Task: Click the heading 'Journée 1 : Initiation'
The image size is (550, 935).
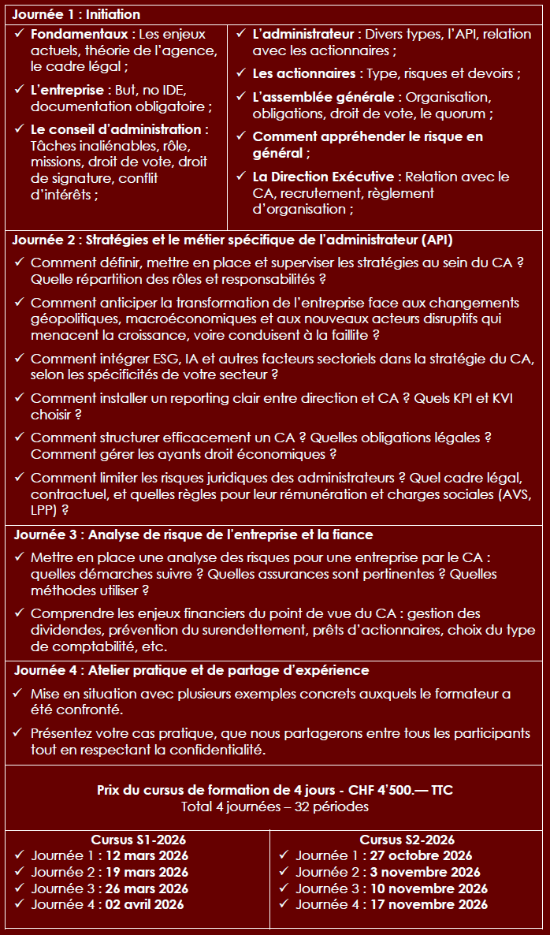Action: (x=77, y=14)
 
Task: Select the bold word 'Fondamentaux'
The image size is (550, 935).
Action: (x=79, y=35)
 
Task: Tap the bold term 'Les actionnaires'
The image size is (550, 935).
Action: (x=304, y=73)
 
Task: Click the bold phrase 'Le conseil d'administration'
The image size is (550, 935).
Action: (x=116, y=129)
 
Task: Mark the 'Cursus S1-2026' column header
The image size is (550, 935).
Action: (x=139, y=840)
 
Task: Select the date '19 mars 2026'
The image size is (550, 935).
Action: (x=145, y=872)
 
